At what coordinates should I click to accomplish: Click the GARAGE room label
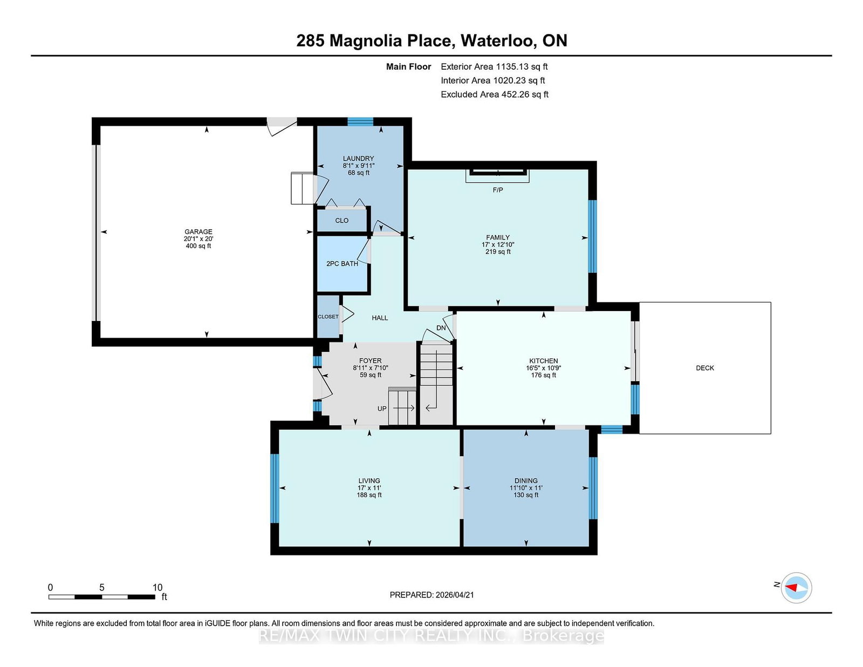[198, 232]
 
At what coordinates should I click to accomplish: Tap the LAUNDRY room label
[358, 159]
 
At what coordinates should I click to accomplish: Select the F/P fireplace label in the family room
[497, 190]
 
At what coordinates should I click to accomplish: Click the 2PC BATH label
[342, 264]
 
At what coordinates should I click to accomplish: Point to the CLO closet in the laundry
[341, 221]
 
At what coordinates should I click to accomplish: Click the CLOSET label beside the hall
[328, 317]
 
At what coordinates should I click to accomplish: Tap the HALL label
[380, 318]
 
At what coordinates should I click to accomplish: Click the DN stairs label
[441, 328]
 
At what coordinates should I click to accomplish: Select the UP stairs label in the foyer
[382, 409]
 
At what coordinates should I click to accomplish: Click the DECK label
[704, 368]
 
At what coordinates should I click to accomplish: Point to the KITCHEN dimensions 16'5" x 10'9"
[543, 368]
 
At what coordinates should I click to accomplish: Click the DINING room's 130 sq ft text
[525, 495]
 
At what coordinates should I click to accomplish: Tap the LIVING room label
[369, 480]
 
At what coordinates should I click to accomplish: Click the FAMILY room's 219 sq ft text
[497, 252]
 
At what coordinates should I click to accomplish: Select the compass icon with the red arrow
[796, 588]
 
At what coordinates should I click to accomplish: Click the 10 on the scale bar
[157, 587]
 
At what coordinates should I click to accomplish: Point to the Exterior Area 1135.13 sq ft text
[494, 67]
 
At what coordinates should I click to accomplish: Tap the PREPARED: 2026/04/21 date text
[432, 595]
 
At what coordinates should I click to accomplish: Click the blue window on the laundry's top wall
[360, 122]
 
